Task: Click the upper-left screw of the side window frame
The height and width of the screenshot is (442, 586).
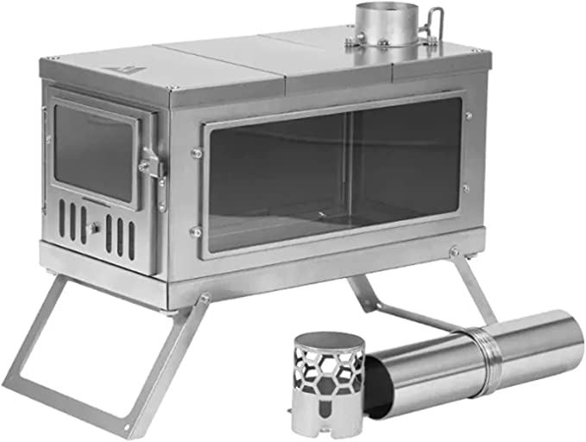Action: pyautogui.click(x=197, y=154)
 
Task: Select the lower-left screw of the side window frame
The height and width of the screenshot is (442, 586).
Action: pyautogui.click(x=196, y=231)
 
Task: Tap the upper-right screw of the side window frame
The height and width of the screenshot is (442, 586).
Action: pyautogui.click(x=469, y=115)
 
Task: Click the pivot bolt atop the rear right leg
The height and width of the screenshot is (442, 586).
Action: pyautogui.click(x=454, y=252)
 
